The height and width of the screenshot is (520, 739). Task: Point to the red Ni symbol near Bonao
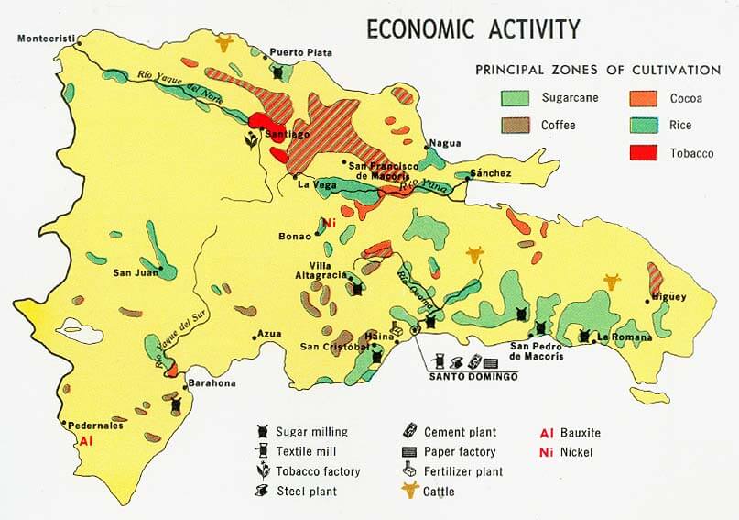(x=329, y=222)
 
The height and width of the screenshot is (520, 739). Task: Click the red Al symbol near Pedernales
(x=86, y=441)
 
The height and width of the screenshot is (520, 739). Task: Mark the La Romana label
(x=622, y=337)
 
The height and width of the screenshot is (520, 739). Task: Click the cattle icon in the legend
(x=410, y=492)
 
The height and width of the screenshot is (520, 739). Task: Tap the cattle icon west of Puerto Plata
(x=223, y=42)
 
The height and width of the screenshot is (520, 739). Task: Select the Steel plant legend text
(x=307, y=492)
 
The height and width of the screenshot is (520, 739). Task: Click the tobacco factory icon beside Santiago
(x=249, y=140)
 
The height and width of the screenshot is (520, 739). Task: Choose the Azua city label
(x=268, y=334)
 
